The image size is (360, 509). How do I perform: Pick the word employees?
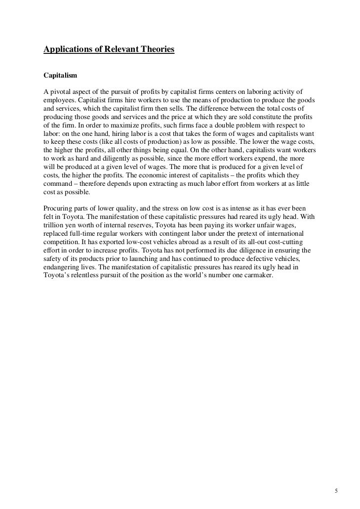click(58, 100)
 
